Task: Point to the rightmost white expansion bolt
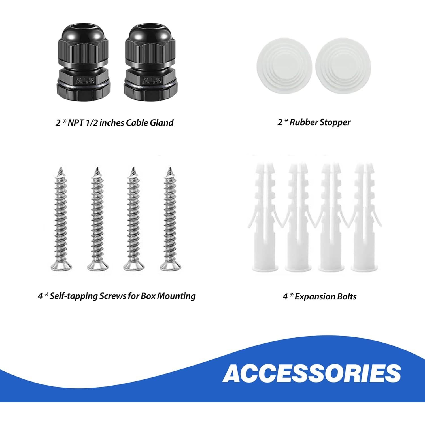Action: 363,221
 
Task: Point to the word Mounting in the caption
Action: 176,296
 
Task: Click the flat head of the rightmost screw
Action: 170,266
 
